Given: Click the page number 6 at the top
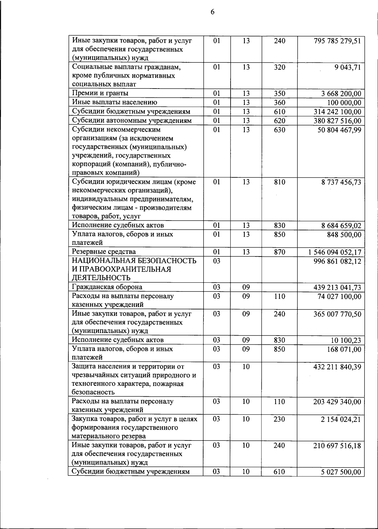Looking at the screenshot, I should (x=212, y=12).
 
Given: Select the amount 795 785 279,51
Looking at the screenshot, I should (x=337, y=41).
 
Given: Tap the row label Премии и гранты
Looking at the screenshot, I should (x=100, y=93).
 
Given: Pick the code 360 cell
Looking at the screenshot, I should (x=279, y=103).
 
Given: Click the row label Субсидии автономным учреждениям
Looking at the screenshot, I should (x=132, y=121).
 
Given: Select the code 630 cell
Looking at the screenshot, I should (x=279, y=130).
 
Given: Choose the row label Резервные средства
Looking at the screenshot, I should (x=104, y=252).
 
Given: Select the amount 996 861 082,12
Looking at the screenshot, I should (x=337, y=261).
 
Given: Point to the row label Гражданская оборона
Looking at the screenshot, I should (x=107, y=287).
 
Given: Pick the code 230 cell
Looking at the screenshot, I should (x=279, y=419).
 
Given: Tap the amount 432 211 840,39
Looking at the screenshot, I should (x=337, y=367).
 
